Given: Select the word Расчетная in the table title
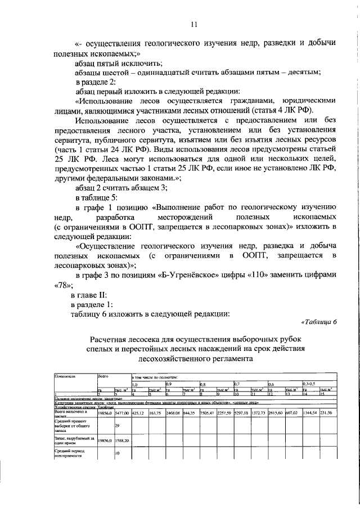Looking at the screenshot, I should click(114, 339).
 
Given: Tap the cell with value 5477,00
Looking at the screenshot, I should click(121, 413).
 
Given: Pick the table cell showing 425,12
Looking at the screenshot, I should click(138, 413).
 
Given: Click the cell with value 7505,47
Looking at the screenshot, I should click(207, 413).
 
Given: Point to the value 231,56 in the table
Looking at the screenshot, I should click(326, 413).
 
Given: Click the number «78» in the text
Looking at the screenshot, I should click(61, 285).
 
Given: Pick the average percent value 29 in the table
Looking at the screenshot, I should click(117, 426).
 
